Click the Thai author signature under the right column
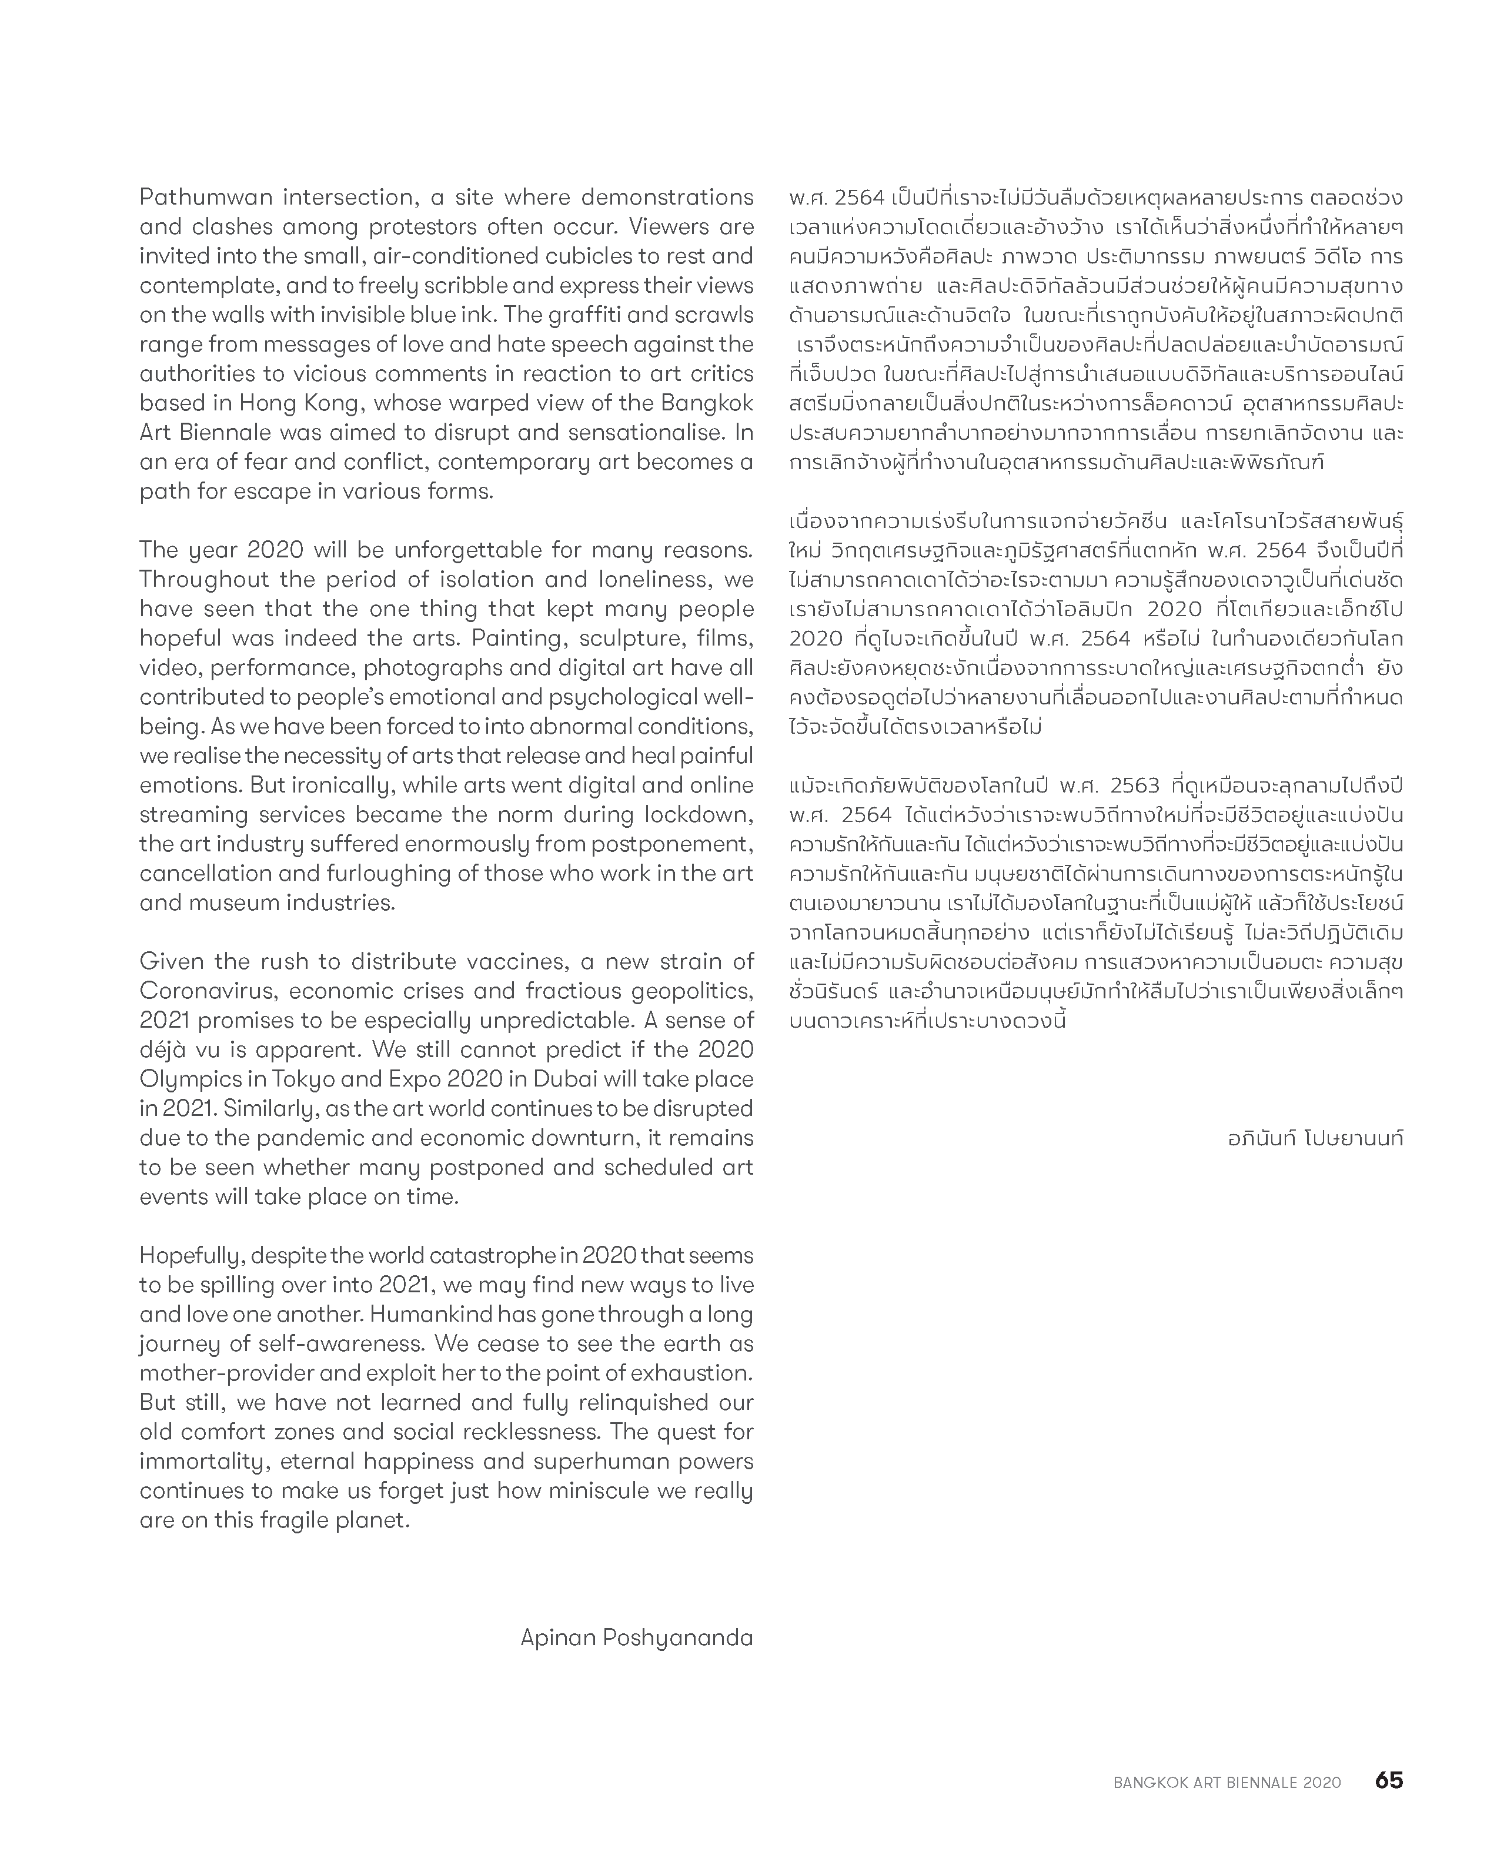coord(1315,1138)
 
